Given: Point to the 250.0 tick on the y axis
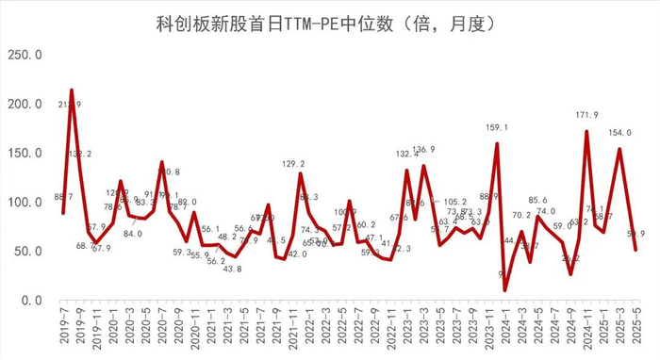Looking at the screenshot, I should (x=25, y=55).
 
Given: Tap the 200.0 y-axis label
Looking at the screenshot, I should (x=25, y=104).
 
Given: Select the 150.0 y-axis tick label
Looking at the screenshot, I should (x=25, y=153).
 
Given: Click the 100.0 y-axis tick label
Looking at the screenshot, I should (x=25, y=202).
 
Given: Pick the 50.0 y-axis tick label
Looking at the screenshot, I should (x=28, y=251).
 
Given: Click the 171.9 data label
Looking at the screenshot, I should (x=586, y=115).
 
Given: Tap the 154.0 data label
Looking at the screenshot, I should (x=620, y=133).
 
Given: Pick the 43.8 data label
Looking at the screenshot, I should (x=233, y=270).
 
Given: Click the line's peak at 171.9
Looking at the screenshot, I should (x=586, y=132).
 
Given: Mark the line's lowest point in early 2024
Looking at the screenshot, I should (x=505, y=290).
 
